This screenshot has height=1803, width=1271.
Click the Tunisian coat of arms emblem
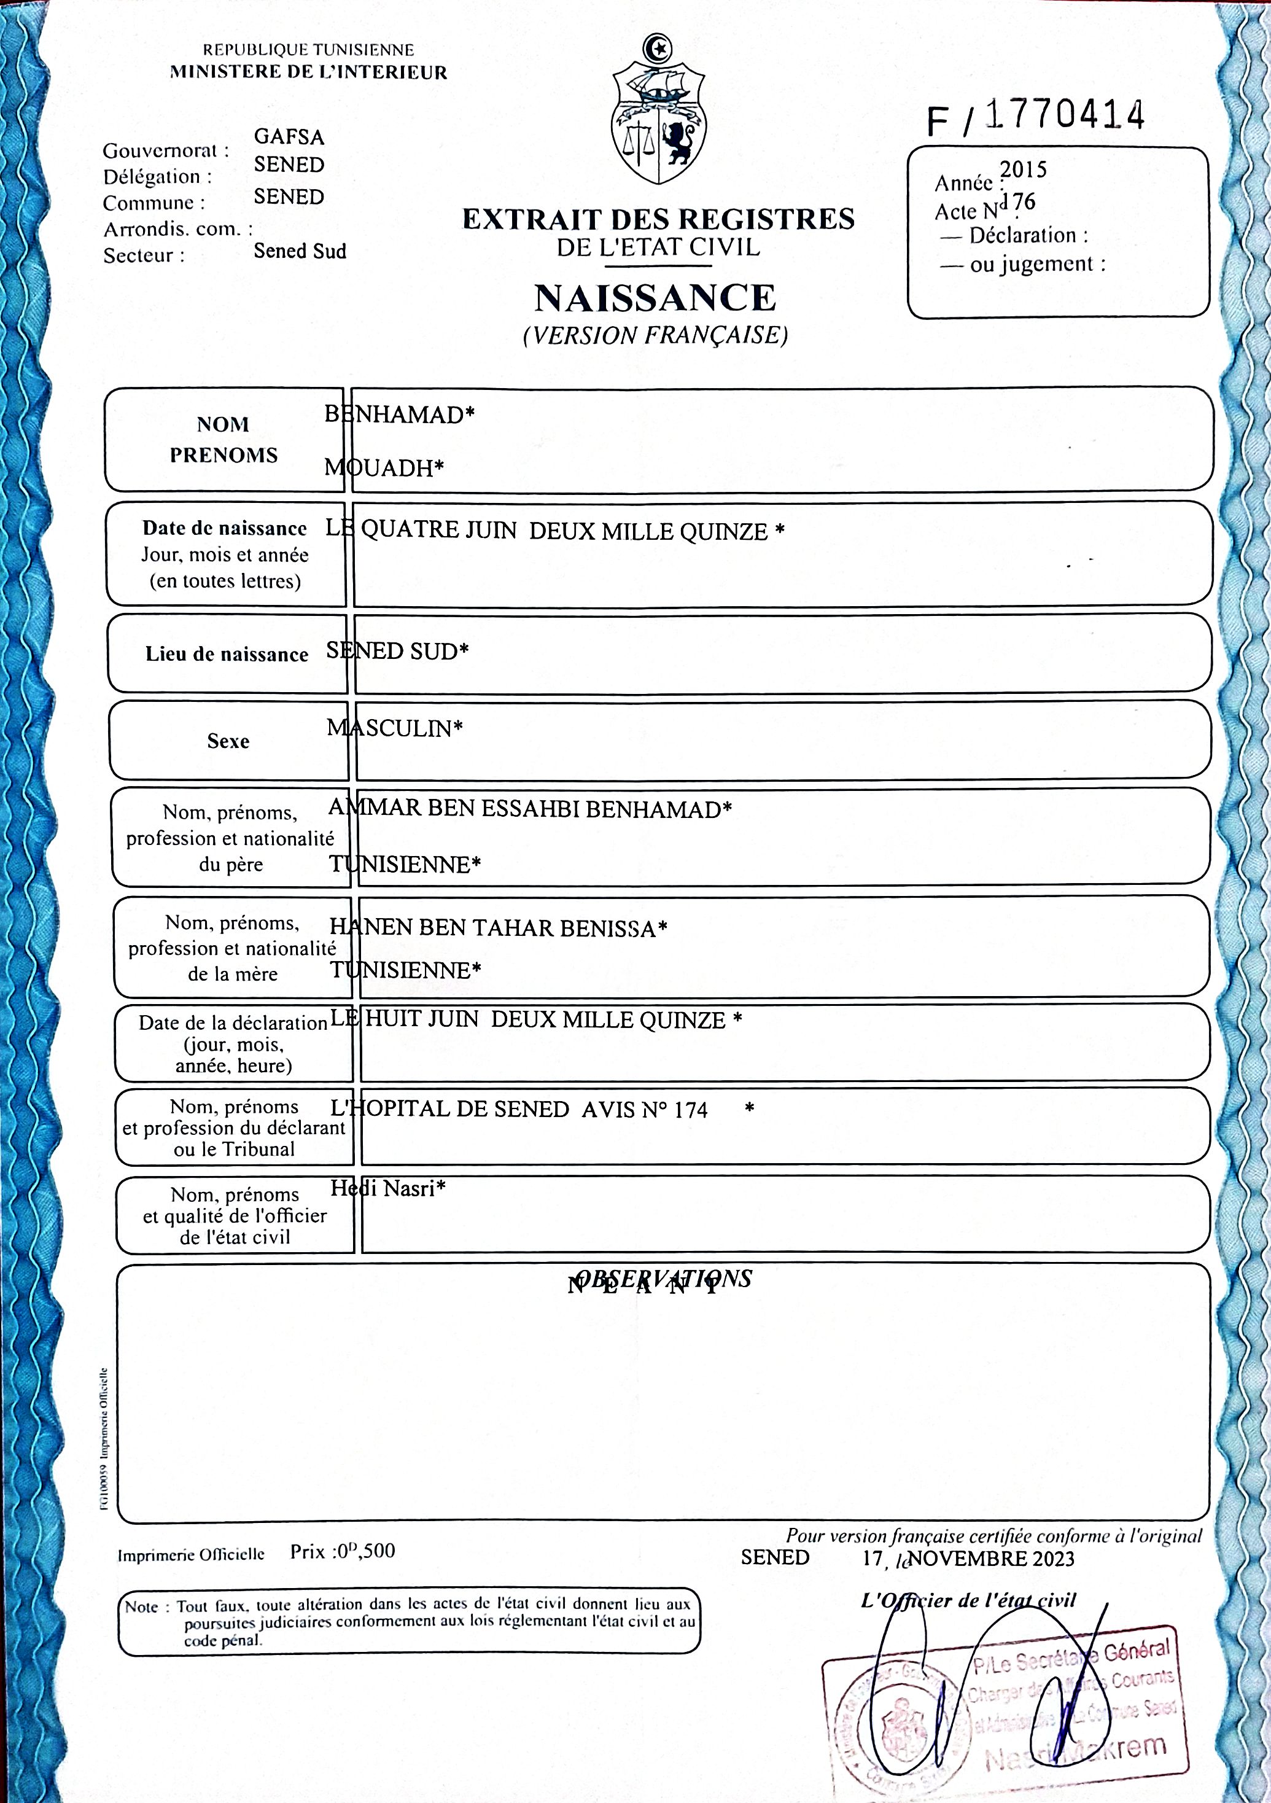click(658, 110)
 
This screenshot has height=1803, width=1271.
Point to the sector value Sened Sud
click(300, 251)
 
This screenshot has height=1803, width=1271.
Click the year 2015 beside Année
click(1023, 169)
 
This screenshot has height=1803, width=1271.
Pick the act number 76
click(1024, 203)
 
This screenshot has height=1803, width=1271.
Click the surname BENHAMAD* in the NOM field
click(400, 415)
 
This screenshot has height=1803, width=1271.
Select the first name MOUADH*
click(384, 468)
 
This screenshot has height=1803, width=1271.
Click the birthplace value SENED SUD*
click(397, 651)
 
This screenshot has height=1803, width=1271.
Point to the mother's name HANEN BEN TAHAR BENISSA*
click(498, 928)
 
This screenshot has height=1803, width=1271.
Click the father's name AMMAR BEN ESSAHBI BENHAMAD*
click(530, 809)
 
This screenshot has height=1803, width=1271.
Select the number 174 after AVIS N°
click(691, 1110)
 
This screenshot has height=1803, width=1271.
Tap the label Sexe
click(228, 741)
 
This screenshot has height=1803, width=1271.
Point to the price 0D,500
click(365, 1552)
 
